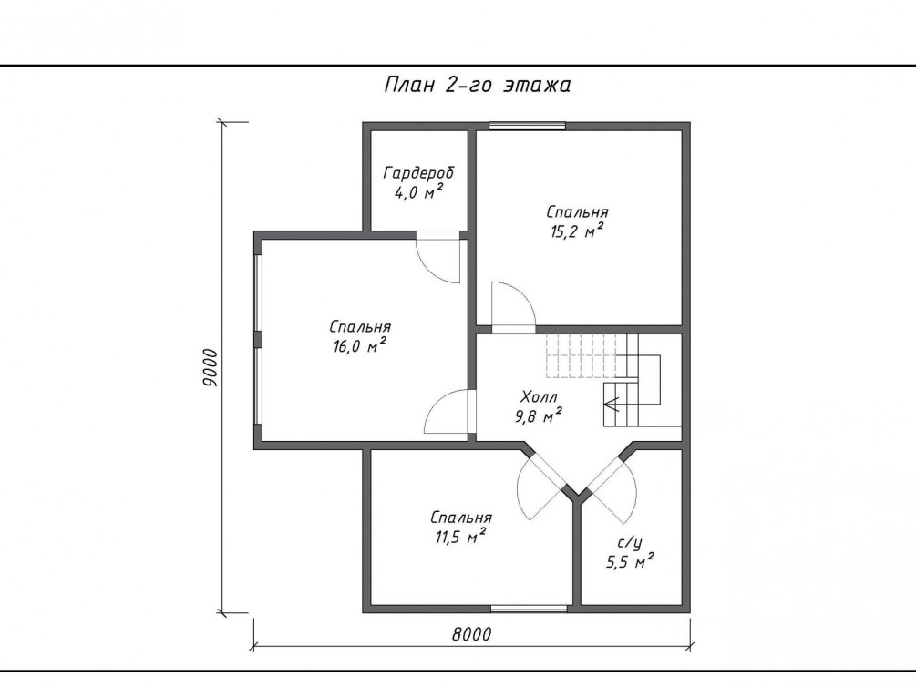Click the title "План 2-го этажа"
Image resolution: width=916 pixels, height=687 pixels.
[x=478, y=85]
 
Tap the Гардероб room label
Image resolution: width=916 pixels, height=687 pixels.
[x=418, y=173]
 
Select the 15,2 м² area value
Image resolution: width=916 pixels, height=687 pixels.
[x=577, y=231]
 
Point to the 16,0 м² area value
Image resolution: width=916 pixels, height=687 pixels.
[x=359, y=346]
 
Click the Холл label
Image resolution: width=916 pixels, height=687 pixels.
[x=538, y=398]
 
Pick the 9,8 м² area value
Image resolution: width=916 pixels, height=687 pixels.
[x=538, y=416]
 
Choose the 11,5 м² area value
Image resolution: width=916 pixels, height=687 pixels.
[x=461, y=537]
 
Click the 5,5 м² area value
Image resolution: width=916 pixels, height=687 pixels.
[x=630, y=562]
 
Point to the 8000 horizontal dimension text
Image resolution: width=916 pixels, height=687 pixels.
[x=471, y=634]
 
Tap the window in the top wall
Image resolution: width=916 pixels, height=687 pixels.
[x=527, y=126]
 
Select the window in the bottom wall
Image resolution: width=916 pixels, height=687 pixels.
[x=529, y=609]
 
